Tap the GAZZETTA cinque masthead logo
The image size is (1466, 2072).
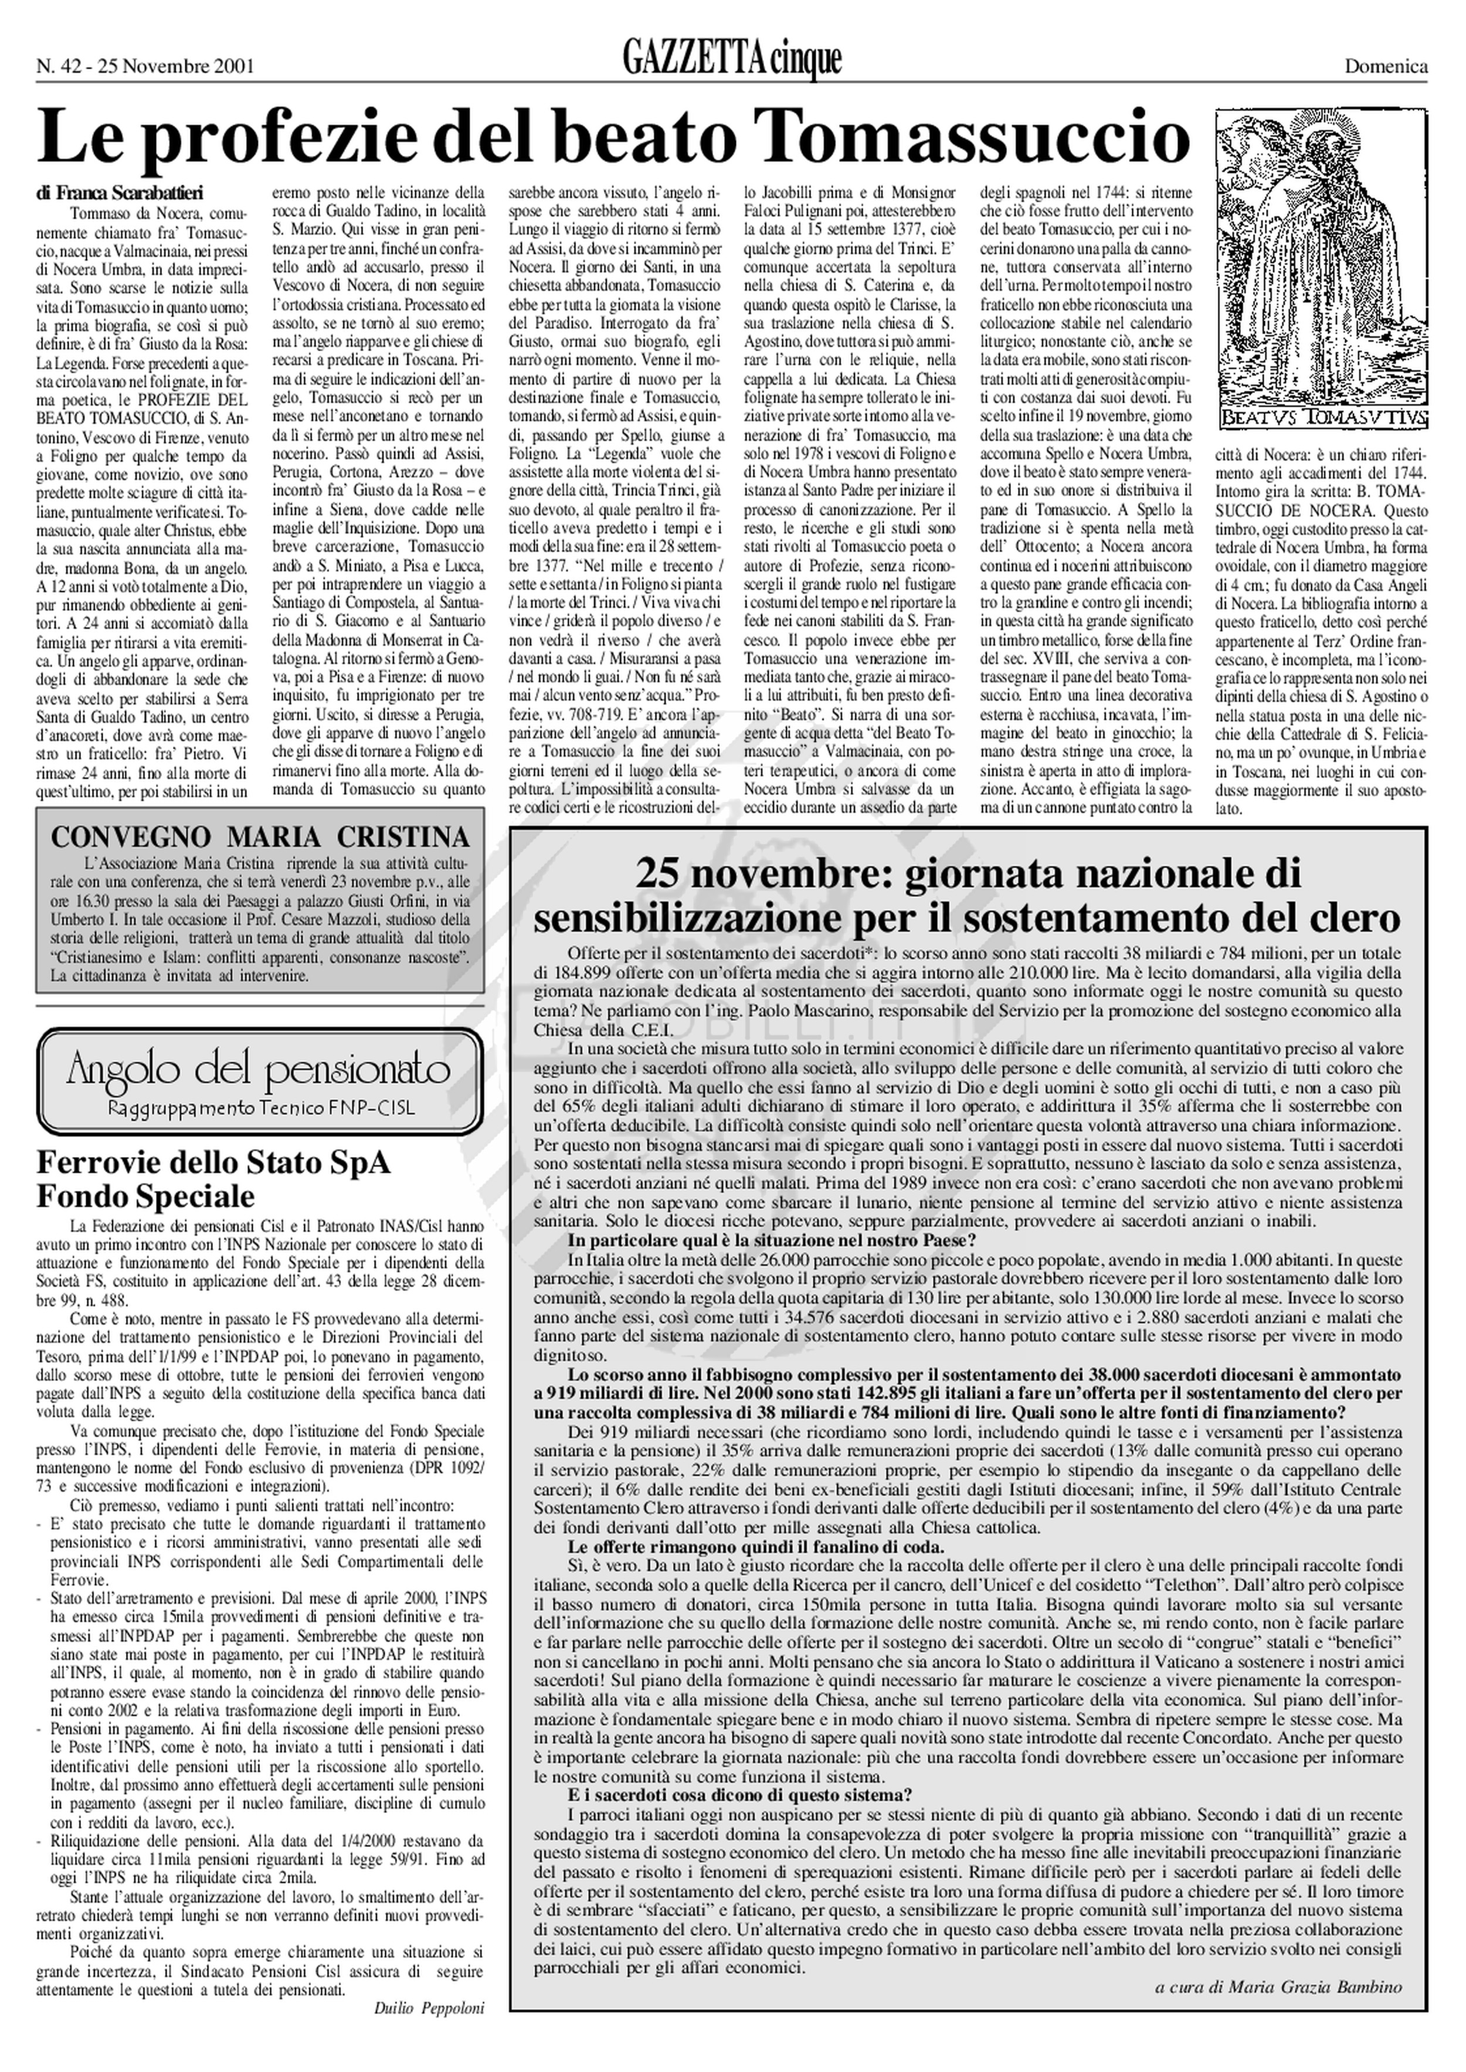click(x=732, y=60)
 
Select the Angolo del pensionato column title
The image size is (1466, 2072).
click(x=259, y=1071)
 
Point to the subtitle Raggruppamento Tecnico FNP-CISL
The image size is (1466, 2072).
click(x=260, y=1108)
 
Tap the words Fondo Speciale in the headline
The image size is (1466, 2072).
click(x=145, y=1197)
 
